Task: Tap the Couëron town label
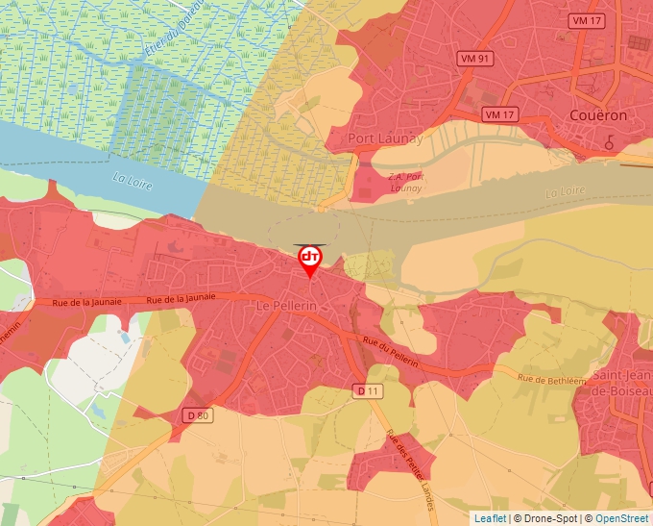point(598,115)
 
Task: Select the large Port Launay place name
point(385,138)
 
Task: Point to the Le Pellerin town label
point(287,305)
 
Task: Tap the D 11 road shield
point(368,391)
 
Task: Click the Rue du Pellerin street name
point(391,348)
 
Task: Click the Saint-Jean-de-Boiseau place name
point(622,384)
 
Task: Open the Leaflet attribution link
point(490,518)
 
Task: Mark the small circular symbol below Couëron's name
point(609,141)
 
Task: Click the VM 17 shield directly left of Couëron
point(500,114)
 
